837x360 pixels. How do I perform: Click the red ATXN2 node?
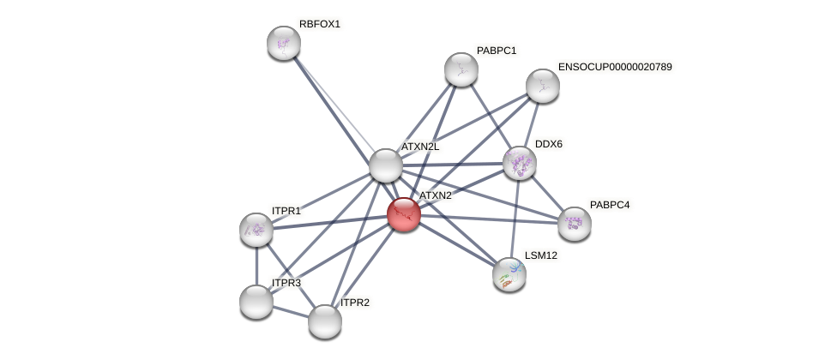click(x=403, y=214)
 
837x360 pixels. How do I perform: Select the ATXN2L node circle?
click(x=386, y=165)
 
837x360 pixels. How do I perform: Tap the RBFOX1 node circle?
click(x=284, y=43)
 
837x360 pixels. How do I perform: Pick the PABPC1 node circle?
click(x=461, y=69)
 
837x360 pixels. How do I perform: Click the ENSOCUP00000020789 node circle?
click(x=543, y=86)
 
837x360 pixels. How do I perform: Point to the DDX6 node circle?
click(x=520, y=163)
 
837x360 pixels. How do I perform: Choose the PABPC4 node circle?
click(x=575, y=224)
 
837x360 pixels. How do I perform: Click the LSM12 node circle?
click(x=509, y=274)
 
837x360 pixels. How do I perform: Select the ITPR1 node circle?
click(x=256, y=230)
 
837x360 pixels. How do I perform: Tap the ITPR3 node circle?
click(x=256, y=302)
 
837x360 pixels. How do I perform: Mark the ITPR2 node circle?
click(x=325, y=321)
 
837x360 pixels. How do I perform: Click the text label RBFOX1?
click(x=320, y=24)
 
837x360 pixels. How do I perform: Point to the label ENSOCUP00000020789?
click(x=615, y=67)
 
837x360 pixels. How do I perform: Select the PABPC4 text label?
click(x=610, y=205)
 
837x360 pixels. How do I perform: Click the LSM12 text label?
click(x=541, y=255)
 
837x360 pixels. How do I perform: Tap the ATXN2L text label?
click(x=420, y=147)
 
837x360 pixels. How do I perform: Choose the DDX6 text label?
click(x=549, y=144)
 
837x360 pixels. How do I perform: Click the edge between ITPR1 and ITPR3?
click(x=256, y=266)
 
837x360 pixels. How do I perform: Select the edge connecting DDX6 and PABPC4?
click(x=547, y=194)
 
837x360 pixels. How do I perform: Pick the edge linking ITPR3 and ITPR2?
click(x=291, y=312)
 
